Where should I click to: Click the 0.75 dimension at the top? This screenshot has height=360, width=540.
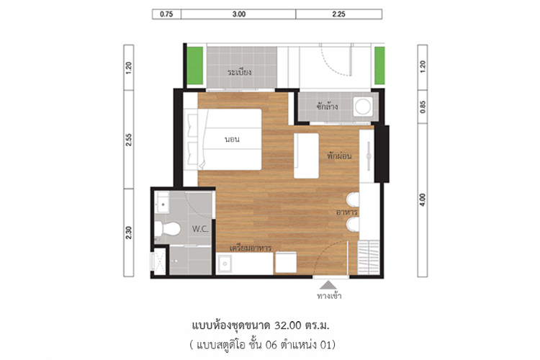click(x=166, y=14)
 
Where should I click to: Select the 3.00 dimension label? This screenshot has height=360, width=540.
click(x=238, y=14)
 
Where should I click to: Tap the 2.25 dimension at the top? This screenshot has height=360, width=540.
click(x=339, y=14)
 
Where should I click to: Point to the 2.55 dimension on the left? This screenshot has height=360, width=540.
click(x=129, y=140)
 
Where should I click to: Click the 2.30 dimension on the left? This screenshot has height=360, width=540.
click(x=129, y=233)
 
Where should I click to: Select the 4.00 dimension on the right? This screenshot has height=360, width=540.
click(x=423, y=200)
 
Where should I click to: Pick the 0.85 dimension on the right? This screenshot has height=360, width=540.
click(x=423, y=107)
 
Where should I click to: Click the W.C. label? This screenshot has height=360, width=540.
click(x=200, y=229)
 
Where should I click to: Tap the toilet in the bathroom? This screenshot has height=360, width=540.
click(x=167, y=229)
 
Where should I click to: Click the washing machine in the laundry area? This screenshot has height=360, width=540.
click(x=363, y=106)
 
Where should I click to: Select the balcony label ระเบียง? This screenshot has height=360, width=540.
click(x=239, y=72)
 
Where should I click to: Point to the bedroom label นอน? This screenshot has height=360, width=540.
click(x=232, y=140)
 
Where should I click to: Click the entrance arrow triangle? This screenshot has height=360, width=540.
click(x=328, y=285)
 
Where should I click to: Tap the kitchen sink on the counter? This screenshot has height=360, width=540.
click(x=225, y=264)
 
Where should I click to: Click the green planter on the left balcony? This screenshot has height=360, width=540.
click(x=195, y=66)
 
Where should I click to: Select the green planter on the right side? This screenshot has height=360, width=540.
click(x=379, y=66)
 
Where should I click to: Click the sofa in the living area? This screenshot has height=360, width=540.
click(x=306, y=156)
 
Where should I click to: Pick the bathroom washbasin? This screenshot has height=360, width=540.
click(x=163, y=202)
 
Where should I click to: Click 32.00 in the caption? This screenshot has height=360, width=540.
click(x=288, y=325)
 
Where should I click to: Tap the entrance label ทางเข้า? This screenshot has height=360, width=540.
click(x=329, y=296)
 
